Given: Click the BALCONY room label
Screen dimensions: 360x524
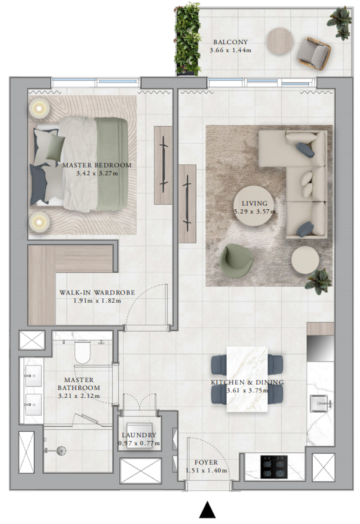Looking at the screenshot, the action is pos(230,42).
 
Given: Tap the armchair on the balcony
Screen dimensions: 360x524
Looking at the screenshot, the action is pos(314,54).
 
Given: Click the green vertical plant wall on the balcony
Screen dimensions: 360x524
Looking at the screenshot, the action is pos(188,39).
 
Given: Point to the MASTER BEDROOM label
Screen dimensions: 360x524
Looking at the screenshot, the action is pos(97,165).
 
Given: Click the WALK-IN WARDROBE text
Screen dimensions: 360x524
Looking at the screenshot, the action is pos(97,293).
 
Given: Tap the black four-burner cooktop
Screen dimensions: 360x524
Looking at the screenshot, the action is pos(274,466).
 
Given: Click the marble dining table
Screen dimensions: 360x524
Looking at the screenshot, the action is pos(247,379).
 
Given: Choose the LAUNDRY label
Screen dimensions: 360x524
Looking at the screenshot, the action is pos(139,435).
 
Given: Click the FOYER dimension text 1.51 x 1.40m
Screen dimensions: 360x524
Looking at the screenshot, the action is pos(207,470).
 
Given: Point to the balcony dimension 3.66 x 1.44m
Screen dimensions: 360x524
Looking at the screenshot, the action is pos(230,50).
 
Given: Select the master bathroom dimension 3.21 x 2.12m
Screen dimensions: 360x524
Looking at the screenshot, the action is pos(79,396).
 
